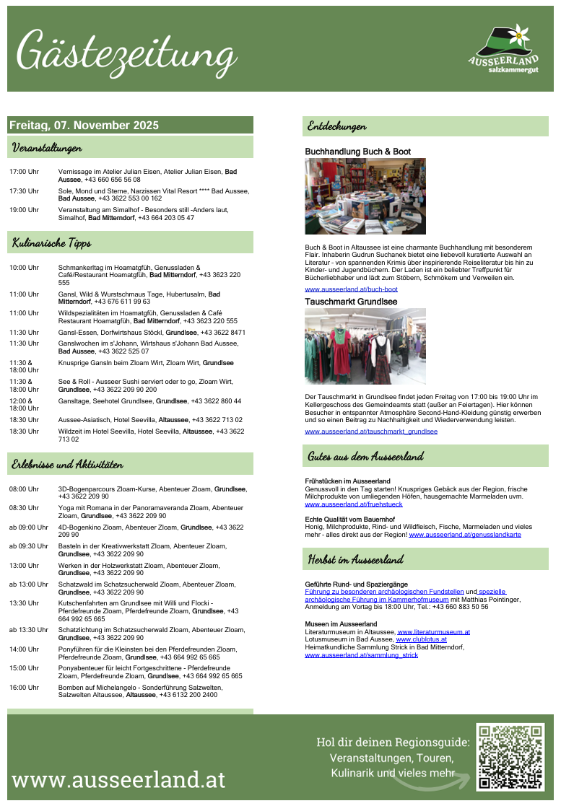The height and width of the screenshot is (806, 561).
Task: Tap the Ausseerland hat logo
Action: click(503, 49)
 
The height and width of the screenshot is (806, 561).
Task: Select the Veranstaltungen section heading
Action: click(46, 148)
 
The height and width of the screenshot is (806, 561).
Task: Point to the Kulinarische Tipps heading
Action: click(51, 242)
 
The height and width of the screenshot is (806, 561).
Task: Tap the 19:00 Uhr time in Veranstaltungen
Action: click(24, 210)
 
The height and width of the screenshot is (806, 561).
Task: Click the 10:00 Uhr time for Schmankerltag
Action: click(24, 268)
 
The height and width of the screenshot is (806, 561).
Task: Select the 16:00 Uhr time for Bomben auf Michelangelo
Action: click(24, 688)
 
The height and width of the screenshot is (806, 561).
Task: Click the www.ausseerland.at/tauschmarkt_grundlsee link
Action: click(371, 432)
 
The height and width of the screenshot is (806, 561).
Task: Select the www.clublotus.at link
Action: click(421, 639)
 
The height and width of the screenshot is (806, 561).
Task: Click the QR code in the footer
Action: click(510, 758)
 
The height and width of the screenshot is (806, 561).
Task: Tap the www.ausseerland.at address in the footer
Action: click(118, 779)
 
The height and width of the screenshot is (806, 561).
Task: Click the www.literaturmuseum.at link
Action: click(433, 631)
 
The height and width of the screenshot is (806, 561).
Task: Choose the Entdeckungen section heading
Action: click(336, 126)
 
